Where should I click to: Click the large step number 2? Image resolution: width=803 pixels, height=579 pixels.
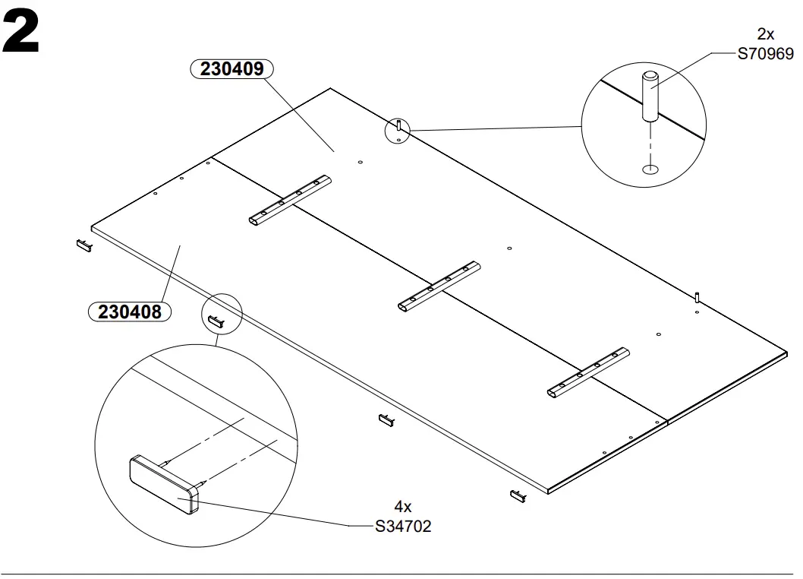(20, 34)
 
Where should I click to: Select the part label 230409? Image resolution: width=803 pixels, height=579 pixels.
(231, 69)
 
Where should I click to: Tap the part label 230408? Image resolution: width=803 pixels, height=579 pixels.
(130, 312)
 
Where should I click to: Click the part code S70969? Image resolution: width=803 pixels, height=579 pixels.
(765, 54)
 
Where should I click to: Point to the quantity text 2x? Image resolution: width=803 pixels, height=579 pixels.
(765, 35)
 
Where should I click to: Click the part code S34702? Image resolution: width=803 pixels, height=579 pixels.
(403, 526)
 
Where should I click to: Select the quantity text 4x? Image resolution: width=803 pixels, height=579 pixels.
(402, 507)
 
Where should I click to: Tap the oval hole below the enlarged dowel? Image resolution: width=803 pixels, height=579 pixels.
(650, 168)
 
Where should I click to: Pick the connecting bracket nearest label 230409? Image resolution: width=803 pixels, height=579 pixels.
(290, 200)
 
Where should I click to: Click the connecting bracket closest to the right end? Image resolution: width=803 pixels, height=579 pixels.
(589, 372)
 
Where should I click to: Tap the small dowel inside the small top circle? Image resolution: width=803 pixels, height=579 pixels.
(399, 127)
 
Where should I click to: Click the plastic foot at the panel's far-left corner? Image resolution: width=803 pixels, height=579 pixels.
(83, 245)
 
